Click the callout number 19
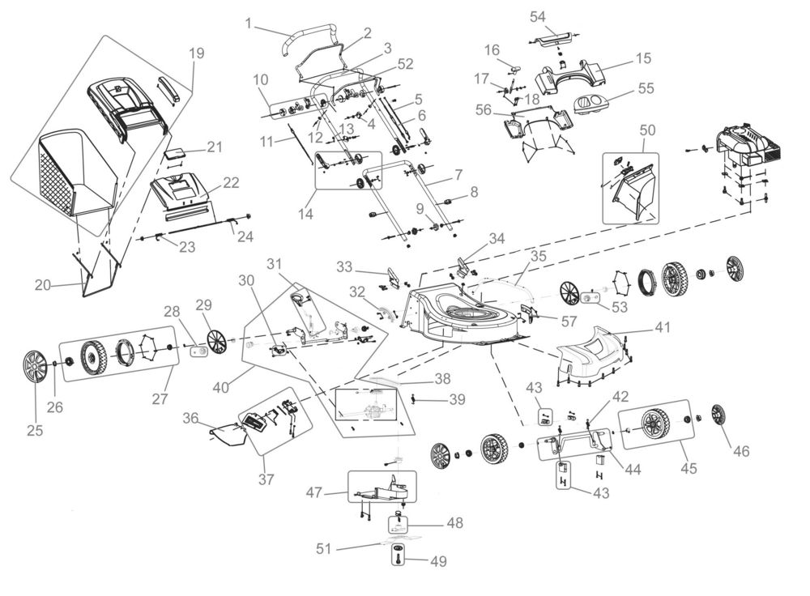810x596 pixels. (197, 53)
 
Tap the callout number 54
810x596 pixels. (538, 16)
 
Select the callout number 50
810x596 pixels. (647, 130)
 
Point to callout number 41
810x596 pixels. (663, 327)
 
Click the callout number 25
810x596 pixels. (35, 430)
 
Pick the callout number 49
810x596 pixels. (438, 561)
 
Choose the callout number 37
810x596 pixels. (266, 479)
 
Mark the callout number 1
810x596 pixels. (249, 23)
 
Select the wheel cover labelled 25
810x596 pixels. (35, 367)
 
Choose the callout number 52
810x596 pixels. (406, 63)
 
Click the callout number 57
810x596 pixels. (569, 321)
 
